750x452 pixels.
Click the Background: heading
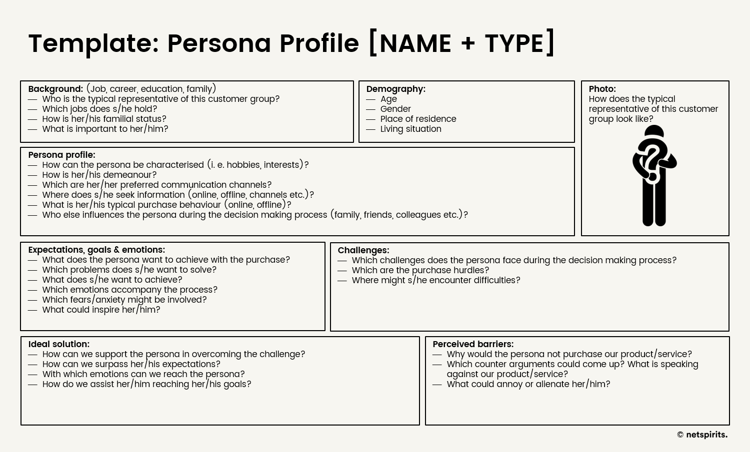(x=55, y=89)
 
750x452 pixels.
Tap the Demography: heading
(x=395, y=89)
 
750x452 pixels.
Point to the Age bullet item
(x=388, y=99)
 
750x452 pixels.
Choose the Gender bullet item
(x=395, y=109)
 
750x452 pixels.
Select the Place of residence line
(x=418, y=119)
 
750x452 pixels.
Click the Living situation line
(x=410, y=129)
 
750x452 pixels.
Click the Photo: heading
(x=602, y=89)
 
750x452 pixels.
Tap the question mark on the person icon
(x=652, y=160)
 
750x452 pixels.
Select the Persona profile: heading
(x=61, y=155)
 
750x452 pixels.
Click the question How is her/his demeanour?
(x=99, y=175)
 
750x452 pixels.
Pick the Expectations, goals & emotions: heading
(x=96, y=250)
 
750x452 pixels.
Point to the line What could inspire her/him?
(x=101, y=310)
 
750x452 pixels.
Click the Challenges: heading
(x=363, y=250)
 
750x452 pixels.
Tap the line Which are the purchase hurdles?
(x=420, y=270)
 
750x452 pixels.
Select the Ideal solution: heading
(x=58, y=344)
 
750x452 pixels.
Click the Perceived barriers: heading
(x=472, y=344)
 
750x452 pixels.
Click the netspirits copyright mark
(x=702, y=435)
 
